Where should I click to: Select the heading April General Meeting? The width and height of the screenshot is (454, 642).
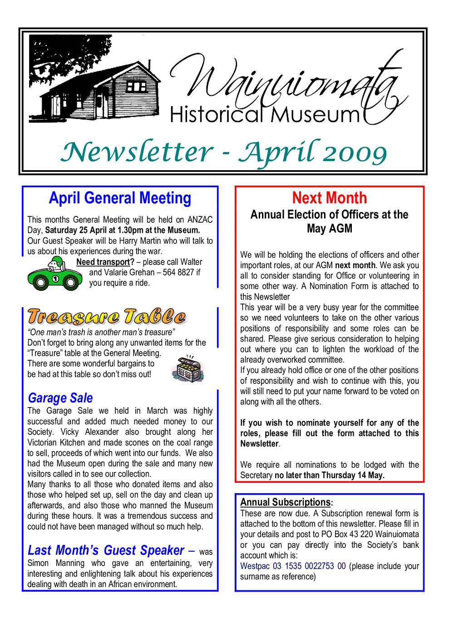point(120,198)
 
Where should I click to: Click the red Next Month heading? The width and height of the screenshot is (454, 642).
point(329,198)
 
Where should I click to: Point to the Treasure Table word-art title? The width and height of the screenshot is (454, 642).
point(107,317)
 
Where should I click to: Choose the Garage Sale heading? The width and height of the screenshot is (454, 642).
point(60,398)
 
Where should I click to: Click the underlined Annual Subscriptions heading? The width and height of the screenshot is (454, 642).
point(286,502)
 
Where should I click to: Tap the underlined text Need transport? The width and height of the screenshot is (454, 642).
point(105,262)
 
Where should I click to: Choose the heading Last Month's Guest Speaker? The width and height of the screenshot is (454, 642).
point(106,550)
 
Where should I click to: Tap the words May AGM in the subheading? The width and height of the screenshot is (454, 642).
point(329,229)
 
